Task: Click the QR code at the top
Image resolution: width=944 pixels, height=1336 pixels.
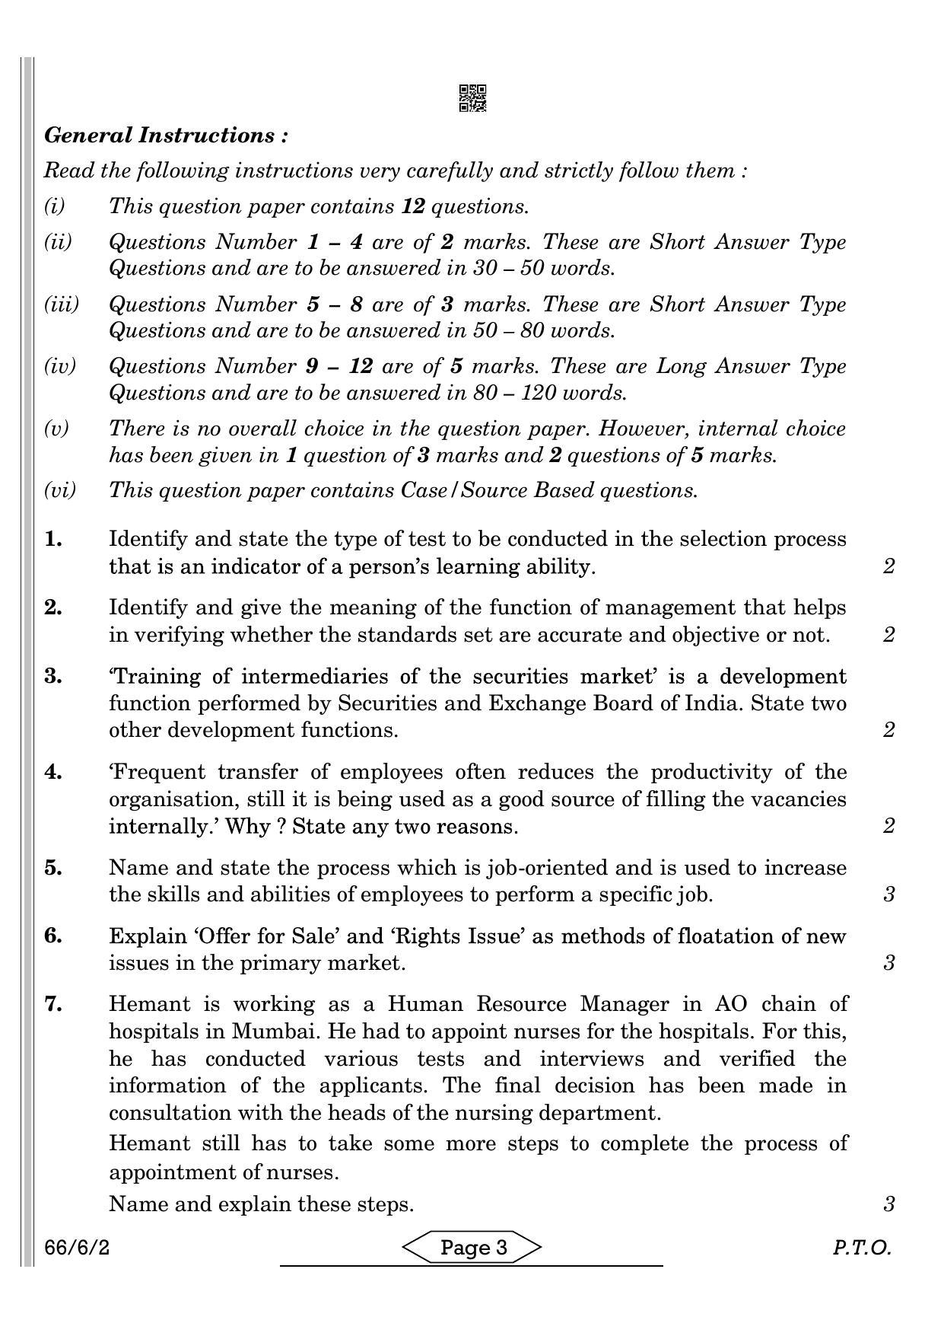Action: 472,98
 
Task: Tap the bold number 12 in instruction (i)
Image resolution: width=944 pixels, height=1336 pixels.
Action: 412,206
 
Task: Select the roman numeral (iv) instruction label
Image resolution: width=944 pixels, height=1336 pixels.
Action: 60,366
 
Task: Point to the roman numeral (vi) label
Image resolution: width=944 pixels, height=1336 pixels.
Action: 60,490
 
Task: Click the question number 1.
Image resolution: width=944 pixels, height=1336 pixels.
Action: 52,539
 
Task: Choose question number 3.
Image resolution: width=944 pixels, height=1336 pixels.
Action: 52,676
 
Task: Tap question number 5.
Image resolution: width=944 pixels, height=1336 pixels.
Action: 52,868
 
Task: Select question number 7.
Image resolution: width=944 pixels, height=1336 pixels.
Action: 52,1004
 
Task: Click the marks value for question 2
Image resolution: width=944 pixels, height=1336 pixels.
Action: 888,635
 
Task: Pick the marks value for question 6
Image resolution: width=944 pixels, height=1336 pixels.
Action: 888,963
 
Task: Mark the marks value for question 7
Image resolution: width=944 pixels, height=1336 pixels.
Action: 888,1204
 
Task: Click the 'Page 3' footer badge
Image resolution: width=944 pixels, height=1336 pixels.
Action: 472,1248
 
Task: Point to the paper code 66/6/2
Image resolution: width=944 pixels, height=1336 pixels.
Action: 77,1248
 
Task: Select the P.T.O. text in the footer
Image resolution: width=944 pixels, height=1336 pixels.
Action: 861,1248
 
